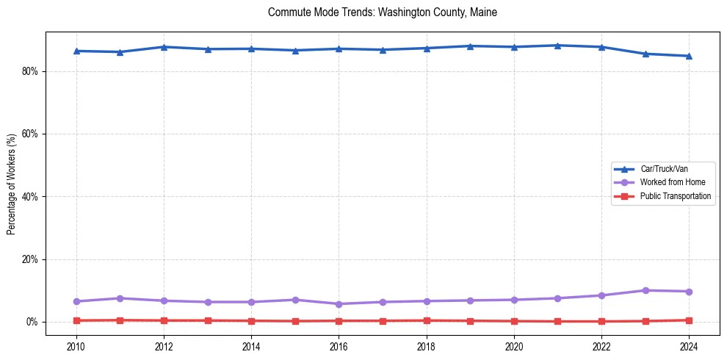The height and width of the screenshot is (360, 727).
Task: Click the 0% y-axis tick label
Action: tap(32, 322)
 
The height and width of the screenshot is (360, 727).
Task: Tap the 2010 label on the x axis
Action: tap(76, 345)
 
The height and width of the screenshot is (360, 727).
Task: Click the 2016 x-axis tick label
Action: tap(339, 345)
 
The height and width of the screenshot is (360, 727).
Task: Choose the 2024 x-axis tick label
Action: tap(689, 345)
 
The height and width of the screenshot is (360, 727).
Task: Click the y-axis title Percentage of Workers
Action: tap(12, 184)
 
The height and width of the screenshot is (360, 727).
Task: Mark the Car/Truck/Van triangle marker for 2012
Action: tap(164, 47)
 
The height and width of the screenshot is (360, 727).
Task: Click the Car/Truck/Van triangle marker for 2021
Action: tap(557, 46)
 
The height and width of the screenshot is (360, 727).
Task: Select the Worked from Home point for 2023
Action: tap(645, 290)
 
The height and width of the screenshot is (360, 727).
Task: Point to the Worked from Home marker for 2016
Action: tap(339, 304)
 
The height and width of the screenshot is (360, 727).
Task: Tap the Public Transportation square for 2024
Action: tap(689, 320)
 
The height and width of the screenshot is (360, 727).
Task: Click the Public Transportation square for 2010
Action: tap(76, 320)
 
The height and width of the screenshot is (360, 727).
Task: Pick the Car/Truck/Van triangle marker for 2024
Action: tap(689, 56)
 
